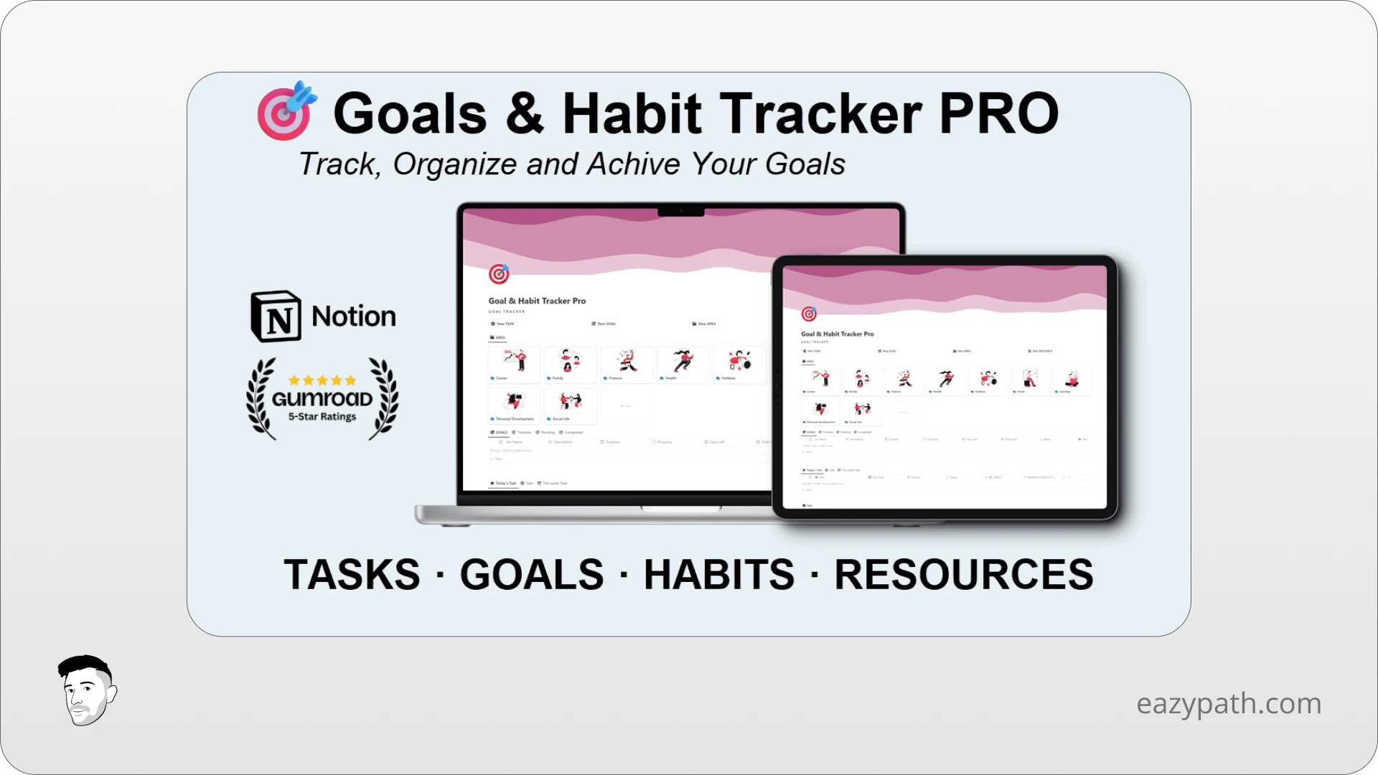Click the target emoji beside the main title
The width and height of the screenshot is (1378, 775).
(286, 111)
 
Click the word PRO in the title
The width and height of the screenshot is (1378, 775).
(998, 113)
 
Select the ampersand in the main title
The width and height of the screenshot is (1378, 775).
(525, 113)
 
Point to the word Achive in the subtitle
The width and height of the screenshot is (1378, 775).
(634, 164)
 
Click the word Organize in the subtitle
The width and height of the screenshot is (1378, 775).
(454, 164)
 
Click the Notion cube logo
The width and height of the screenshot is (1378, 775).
(276, 316)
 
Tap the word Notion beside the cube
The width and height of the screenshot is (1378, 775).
(354, 316)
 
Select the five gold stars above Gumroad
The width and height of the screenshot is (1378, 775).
(322, 380)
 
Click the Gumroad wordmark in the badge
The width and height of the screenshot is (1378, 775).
(322, 399)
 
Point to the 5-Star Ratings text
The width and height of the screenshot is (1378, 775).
(322, 417)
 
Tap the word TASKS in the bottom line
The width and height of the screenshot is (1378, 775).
(352, 575)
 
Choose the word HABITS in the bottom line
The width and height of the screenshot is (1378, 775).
(718, 575)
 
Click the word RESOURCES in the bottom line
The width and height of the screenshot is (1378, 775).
(963, 575)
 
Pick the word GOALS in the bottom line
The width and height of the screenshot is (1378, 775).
(532, 575)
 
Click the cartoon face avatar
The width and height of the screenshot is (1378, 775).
(87, 690)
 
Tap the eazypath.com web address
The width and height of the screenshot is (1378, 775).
(1229, 703)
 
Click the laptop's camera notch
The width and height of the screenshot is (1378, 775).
(680, 211)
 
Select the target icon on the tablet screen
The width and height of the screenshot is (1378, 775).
(809, 314)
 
